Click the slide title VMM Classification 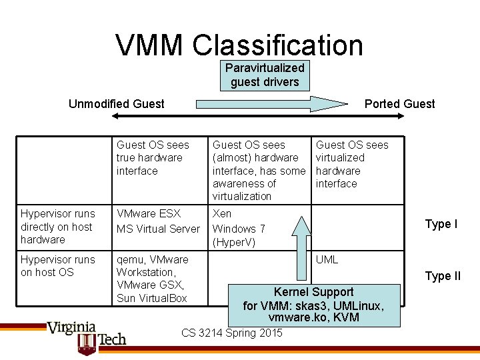point(239,45)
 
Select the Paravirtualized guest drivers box point(265,75)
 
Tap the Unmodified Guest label point(117,103)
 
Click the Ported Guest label point(399,103)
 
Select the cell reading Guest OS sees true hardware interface point(153,157)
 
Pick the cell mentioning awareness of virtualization point(258,170)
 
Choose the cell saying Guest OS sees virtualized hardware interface point(351,164)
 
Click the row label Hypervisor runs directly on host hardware point(58,226)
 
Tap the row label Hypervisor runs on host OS point(58,265)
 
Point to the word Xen point(222,214)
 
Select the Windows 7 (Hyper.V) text point(239,235)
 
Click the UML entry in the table point(327,259)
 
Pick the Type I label point(441,224)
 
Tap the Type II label point(443,276)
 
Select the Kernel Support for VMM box point(314,305)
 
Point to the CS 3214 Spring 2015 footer point(231,333)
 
